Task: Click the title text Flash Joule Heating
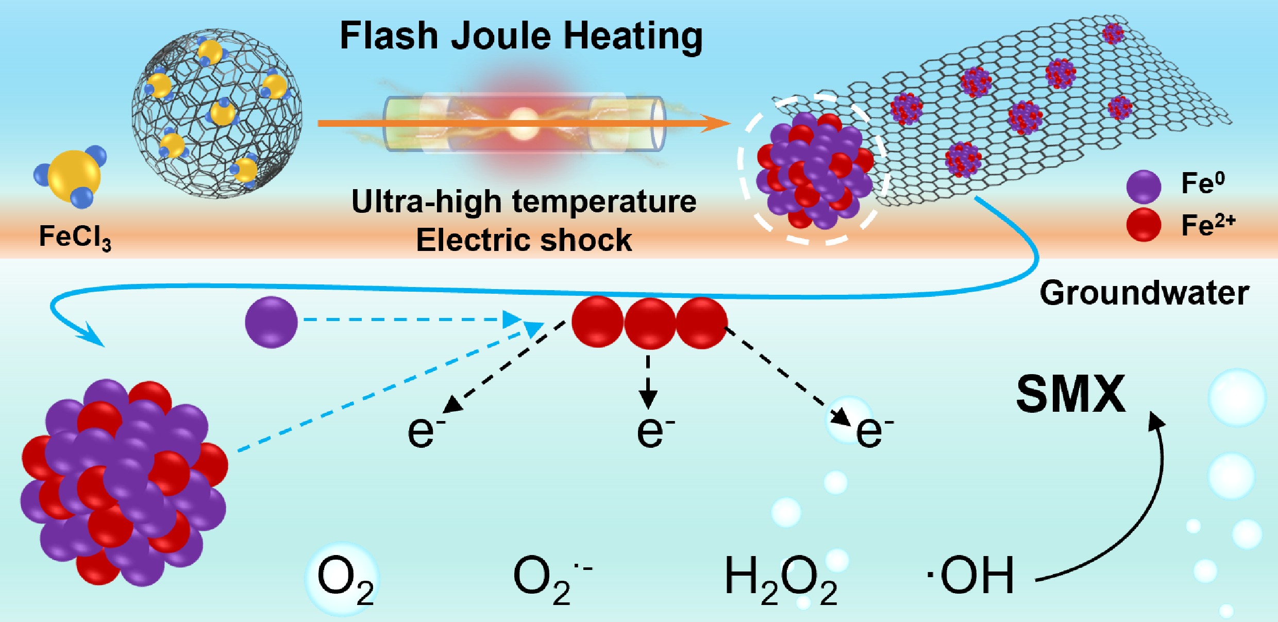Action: [x=521, y=36]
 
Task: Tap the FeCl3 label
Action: [x=75, y=238]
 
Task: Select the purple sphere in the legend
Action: [x=1144, y=186]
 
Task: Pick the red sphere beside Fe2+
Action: [x=1144, y=225]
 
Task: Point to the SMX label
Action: [x=1071, y=394]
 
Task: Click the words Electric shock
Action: [x=524, y=240]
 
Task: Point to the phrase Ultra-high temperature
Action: [x=524, y=201]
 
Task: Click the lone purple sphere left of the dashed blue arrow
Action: [x=271, y=322]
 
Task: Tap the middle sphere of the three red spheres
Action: [x=650, y=323]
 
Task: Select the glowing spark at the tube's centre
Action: [x=524, y=123]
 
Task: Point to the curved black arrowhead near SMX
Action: [x=1156, y=419]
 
